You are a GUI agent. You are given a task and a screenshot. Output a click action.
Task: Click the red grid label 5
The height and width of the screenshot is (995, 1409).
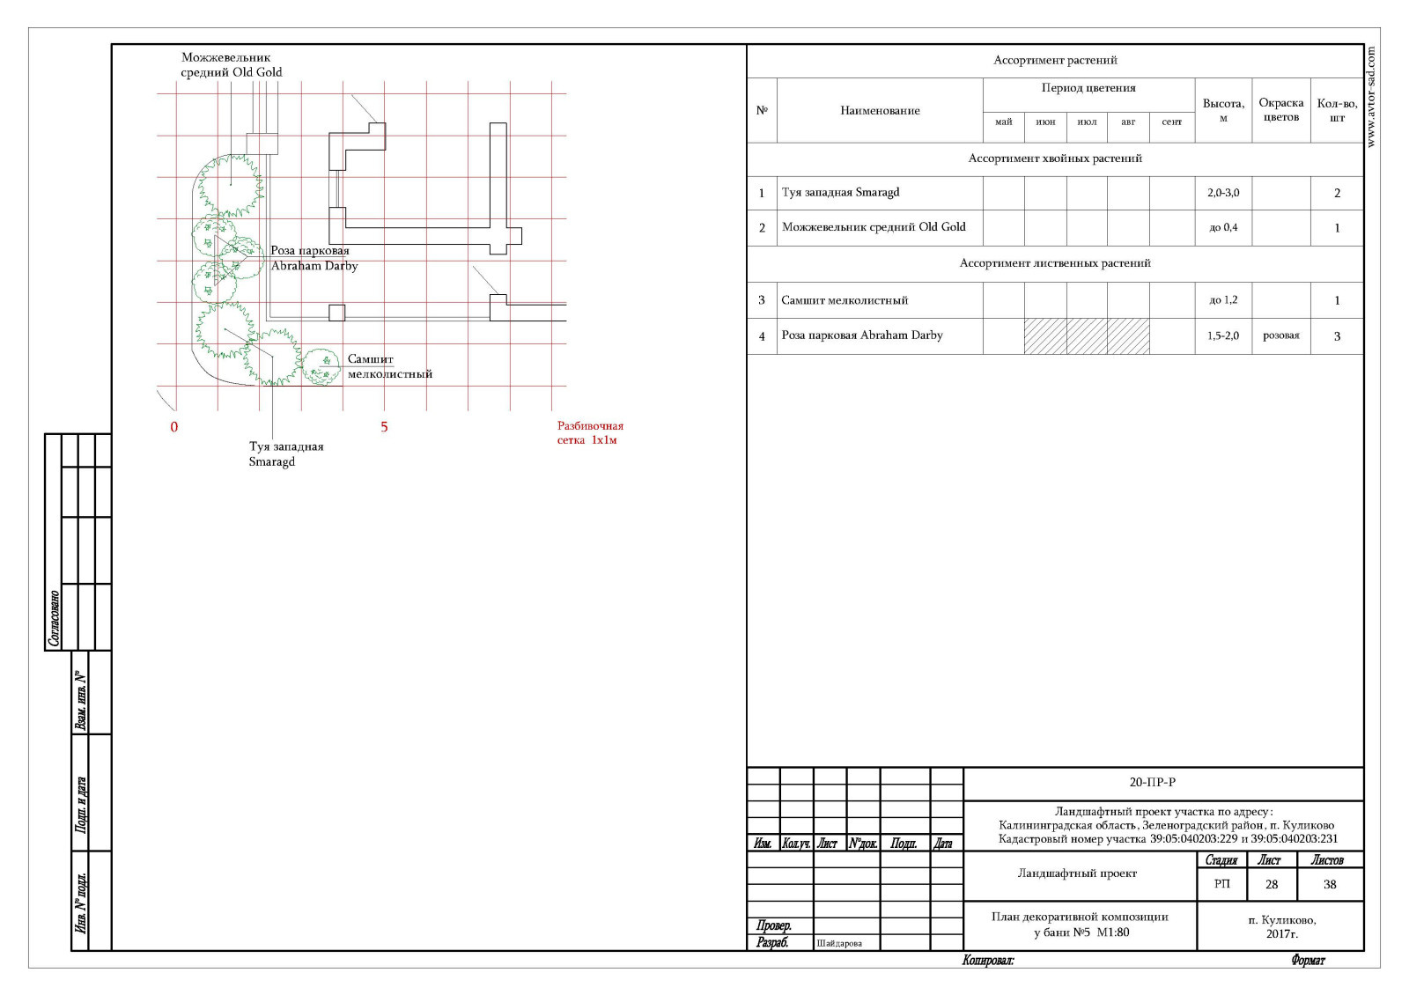click(384, 427)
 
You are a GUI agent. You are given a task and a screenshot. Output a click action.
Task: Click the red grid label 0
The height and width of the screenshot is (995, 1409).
click(174, 427)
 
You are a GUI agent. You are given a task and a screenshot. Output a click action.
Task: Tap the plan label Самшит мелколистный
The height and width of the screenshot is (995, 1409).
click(390, 366)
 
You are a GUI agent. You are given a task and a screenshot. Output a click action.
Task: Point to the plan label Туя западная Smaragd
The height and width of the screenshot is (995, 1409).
click(285, 453)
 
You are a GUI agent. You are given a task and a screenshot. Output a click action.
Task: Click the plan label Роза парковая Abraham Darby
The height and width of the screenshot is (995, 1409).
click(314, 258)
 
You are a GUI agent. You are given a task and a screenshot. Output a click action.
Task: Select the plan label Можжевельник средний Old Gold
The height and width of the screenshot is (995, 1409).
click(232, 65)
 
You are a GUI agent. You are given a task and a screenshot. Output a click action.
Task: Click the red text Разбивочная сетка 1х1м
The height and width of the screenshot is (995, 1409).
click(590, 432)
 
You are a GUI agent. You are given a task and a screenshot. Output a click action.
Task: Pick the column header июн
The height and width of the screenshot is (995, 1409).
click(1044, 122)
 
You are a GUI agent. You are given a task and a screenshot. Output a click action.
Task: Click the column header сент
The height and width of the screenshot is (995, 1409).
click(1171, 122)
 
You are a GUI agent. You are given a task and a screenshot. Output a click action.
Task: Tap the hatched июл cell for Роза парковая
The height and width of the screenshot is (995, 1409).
click(1087, 335)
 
